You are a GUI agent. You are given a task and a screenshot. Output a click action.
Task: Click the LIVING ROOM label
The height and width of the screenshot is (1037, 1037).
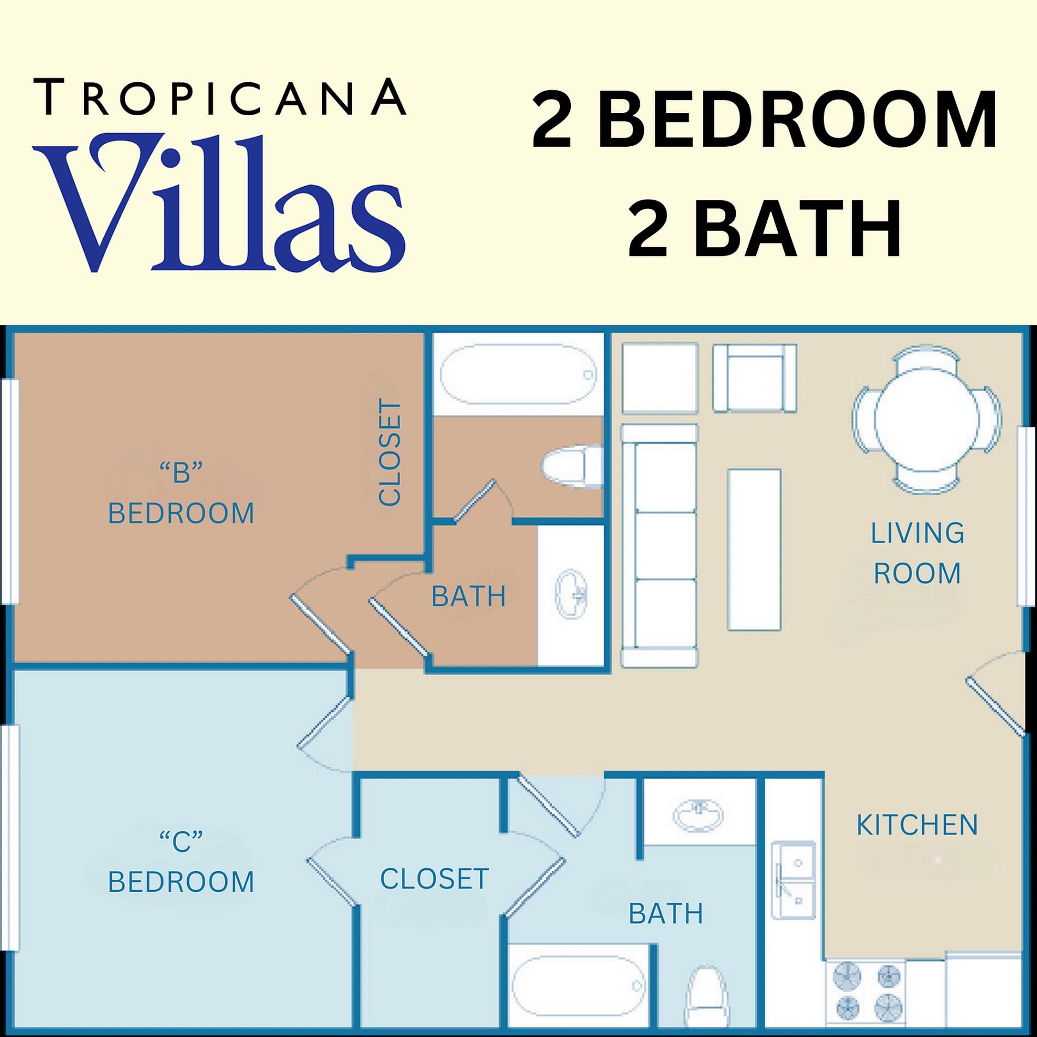coord(917,553)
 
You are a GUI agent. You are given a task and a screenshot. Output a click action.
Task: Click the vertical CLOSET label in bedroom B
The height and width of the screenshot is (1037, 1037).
coord(390,454)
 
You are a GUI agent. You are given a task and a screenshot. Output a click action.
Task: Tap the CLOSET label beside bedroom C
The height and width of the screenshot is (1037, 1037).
coord(434,879)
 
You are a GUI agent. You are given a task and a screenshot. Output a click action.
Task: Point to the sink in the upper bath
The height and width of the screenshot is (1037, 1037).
coord(571,594)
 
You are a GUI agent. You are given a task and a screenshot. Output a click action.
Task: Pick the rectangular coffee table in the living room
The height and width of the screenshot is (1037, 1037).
coord(754,550)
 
